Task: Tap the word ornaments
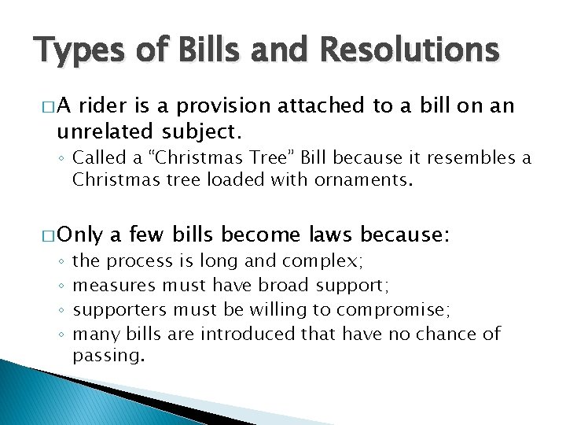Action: (363, 179)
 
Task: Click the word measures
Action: (115, 285)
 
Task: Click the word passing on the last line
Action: (108, 356)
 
